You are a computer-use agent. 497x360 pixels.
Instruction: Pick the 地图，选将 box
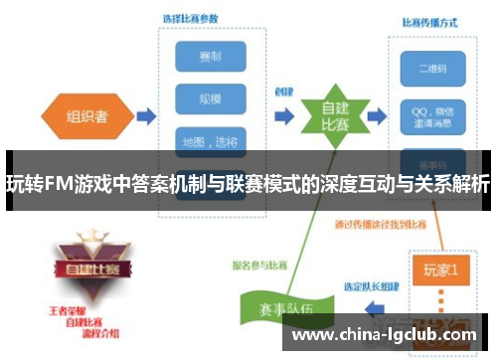coord(204,141)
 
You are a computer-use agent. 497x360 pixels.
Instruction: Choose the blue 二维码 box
coord(425,68)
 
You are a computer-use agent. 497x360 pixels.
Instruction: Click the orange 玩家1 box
coord(440,269)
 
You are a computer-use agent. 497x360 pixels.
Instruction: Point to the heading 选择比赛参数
coord(192,19)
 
